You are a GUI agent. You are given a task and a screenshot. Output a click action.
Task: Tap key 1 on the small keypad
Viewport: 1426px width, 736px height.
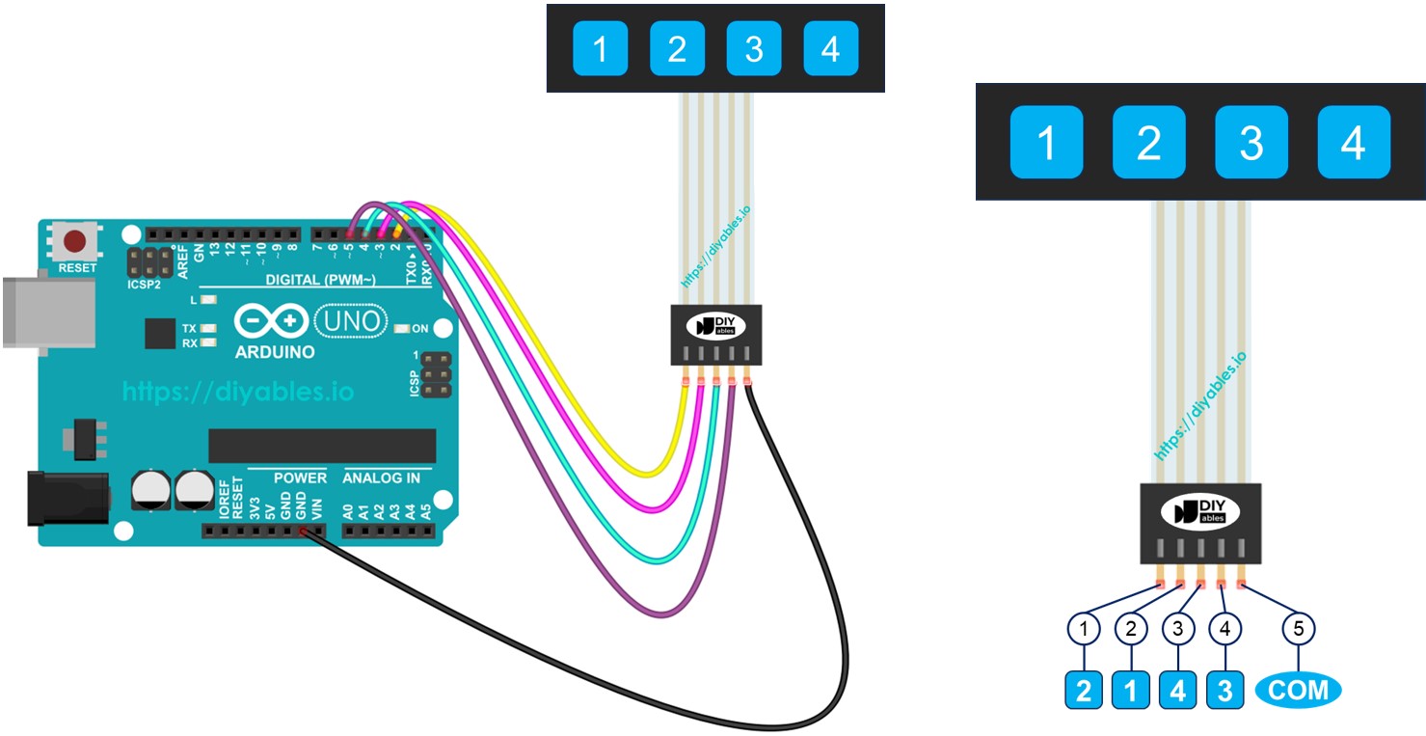point(600,48)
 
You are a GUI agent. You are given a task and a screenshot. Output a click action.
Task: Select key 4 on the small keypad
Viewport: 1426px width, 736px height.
point(830,48)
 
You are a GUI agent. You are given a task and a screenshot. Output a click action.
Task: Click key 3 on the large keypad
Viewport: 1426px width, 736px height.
point(1251,143)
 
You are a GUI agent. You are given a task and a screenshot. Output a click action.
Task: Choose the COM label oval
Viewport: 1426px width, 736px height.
point(1298,690)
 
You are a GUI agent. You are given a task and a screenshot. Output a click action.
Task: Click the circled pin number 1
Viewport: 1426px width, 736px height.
point(1084,629)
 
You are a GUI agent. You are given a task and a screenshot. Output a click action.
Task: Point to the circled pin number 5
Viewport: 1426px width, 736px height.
point(1298,629)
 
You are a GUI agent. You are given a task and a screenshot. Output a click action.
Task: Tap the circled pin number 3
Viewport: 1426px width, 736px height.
point(1177,629)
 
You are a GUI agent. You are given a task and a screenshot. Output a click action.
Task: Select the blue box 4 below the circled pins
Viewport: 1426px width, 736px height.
point(1177,691)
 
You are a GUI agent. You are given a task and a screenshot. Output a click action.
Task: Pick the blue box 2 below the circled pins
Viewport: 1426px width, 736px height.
point(1084,691)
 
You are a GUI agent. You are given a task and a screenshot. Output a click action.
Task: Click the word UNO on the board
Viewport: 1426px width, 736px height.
point(351,320)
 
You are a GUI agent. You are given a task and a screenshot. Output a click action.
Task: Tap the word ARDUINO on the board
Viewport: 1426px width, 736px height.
point(275,352)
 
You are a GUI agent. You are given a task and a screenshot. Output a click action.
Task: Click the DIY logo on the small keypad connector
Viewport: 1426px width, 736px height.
point(716,326)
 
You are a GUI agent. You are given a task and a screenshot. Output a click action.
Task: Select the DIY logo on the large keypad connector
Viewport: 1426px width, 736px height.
point(1200,513)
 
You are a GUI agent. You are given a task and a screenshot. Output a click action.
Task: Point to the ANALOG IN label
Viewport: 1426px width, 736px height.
point(381,477)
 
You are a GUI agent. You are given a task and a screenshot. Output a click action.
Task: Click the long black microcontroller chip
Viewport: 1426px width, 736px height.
point(322,446)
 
